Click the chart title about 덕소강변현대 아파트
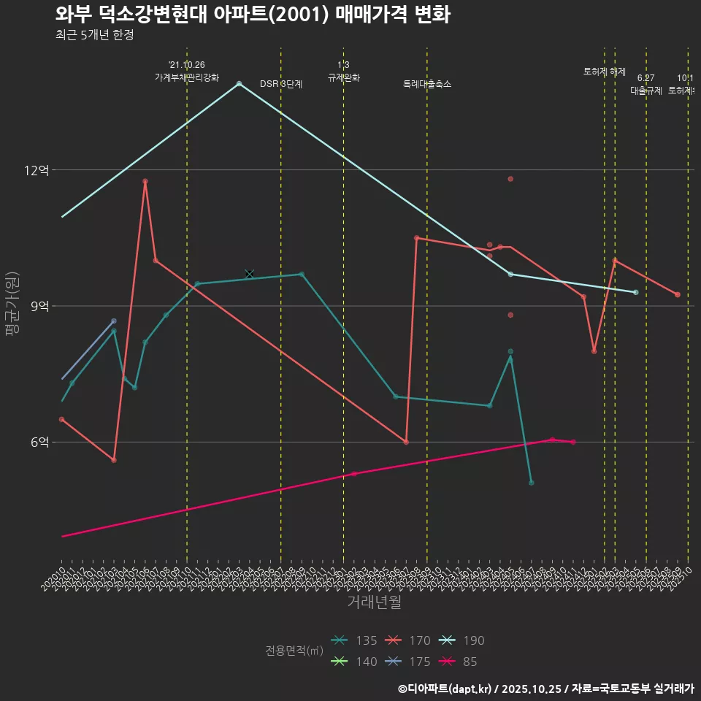[x=253, y=15]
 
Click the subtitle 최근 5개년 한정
[x=94, y=35]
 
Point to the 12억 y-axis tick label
[x=37, y=170]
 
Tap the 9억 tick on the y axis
[x=39, y=307]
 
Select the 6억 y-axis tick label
[x=39, y=443]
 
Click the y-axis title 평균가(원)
[x=12, y=304]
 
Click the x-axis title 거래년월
[x=374, y=602]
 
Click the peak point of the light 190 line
[x=239, y=83]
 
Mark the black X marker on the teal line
[x=250, y=274]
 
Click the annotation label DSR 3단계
[x=281, y=85]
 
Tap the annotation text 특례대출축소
[x=427, y=85]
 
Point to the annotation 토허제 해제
[x=605, y=72]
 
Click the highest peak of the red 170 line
[x=145, y=181]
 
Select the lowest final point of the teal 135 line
[x=531, y=483]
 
